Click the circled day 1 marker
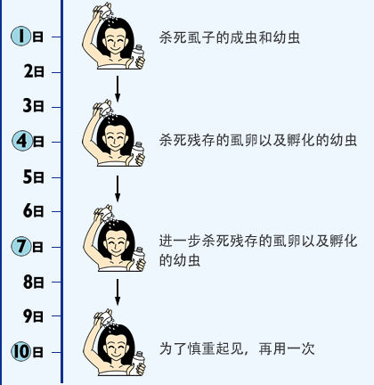[x=21, y=37]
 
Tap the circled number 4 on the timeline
[x=22, y=141]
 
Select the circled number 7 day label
[x=21, y=247]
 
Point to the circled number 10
[x=21, y=352]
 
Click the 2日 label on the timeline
[x=34, y=71]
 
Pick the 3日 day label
[x=33, y=106]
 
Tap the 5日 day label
[x=34, y=176]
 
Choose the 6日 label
[x=34, y=211]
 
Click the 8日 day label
[x=34, y=282]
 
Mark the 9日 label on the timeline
[x=34, y=316]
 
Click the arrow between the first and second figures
[x=118, y=88]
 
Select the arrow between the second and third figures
[x=118, y=188]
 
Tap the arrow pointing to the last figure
[x=118, y=291]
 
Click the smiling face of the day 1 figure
[x=115, y=42]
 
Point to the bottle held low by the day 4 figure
[x=137, y=152]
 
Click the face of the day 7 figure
[x=116, y=244]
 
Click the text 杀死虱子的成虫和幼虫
[x=230, y=37]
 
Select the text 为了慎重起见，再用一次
[x=237, y=348]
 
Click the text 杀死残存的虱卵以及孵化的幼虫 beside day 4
[x=258, y=140]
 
